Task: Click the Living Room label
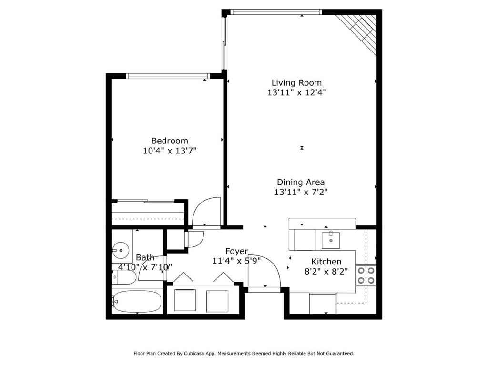coord(296,83)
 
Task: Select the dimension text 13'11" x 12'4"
coord(296,93)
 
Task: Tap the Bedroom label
coord(170,141)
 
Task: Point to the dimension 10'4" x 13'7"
coord(170,151)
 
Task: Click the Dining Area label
coord(301,182)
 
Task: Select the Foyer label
coord(236,251)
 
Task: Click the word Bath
coord(145,257)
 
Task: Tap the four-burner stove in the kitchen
coord(366,275)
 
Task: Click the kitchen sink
coord(331,240)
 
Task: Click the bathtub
coord(138,301)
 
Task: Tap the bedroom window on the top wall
coord(168,76)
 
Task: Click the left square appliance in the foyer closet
coord(184,300)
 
